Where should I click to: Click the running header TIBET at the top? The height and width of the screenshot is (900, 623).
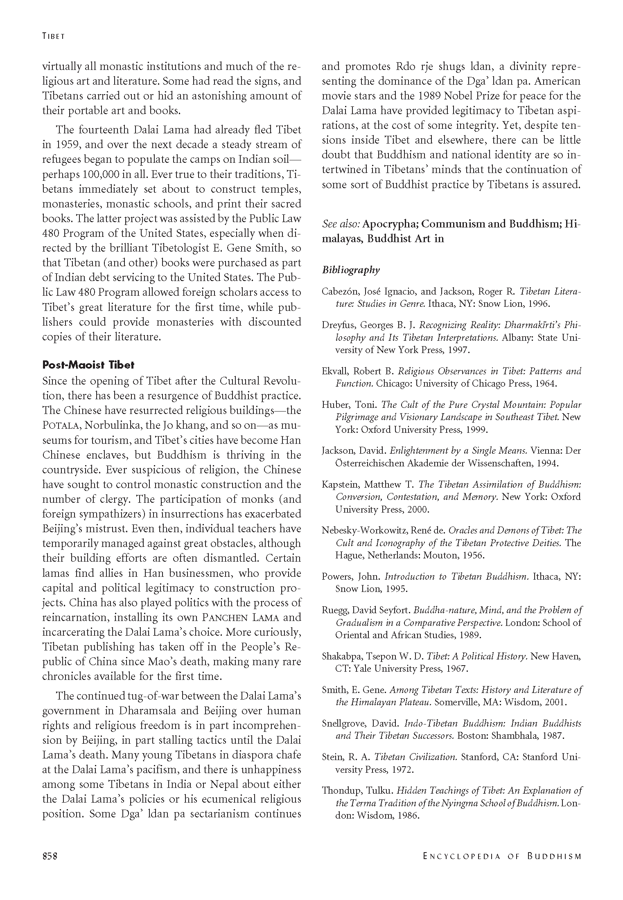[54, 36]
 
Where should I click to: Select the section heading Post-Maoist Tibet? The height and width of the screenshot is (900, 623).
[88, 365]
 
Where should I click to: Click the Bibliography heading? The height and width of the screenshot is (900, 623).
[351, 270]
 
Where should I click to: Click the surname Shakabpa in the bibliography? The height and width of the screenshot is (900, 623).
[341, 656]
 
